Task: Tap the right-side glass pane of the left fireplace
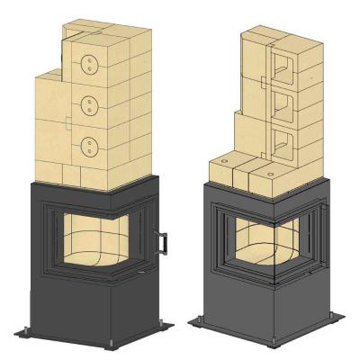[140, 236]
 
